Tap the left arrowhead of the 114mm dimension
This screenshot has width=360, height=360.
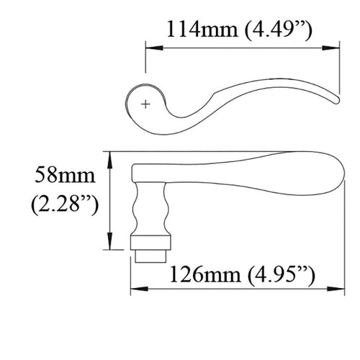150,48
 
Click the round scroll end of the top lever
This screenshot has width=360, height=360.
137,105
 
